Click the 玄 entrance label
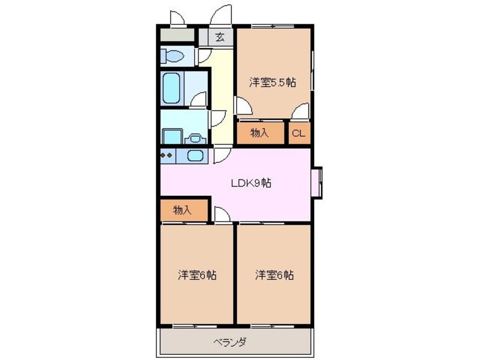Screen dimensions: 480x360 point(220,37)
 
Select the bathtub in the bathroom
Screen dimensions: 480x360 point(171,88)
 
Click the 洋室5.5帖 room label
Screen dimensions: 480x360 point(272,83)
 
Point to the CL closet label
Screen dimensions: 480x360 point(298,133)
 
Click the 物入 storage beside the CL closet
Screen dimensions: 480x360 point(260,133)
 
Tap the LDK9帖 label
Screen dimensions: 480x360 point(251,183)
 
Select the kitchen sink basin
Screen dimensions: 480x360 point(193,156)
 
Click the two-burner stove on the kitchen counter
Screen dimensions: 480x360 point(167,156)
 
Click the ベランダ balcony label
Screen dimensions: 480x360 point(230,342)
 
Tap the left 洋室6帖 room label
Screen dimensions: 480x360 point(197,275)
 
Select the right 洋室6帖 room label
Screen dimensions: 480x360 point(275,275)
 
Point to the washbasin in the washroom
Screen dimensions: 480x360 point(196,139)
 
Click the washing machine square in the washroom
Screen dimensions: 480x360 point(172,136)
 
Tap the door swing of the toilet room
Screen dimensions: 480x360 point(204,56)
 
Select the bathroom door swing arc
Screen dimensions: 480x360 point(199,99)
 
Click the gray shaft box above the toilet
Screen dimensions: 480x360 point(178,35)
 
